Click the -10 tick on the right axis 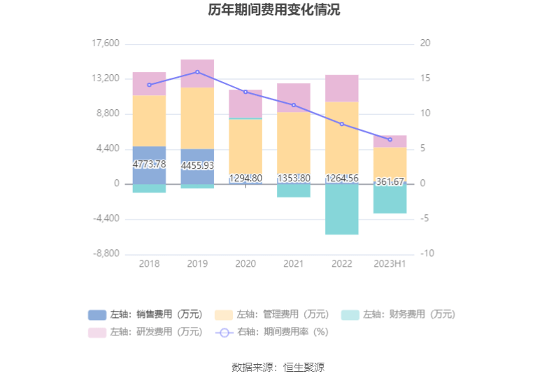tap(426, 254)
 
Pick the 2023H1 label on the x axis tap(390, 264)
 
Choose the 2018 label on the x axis tap(149, 264)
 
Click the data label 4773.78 tap(149, 165)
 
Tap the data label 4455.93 tap(197, 166)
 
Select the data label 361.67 tap(390, 182)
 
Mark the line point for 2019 tap(197, 72)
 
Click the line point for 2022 tap(341, 124)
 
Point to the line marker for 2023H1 tap(390, 139)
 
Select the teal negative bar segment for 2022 tap(341, 209)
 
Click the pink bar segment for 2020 tap(245, 104)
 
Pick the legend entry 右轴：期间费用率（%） tap(272, 332)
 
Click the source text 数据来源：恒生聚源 tap(278, 367)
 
